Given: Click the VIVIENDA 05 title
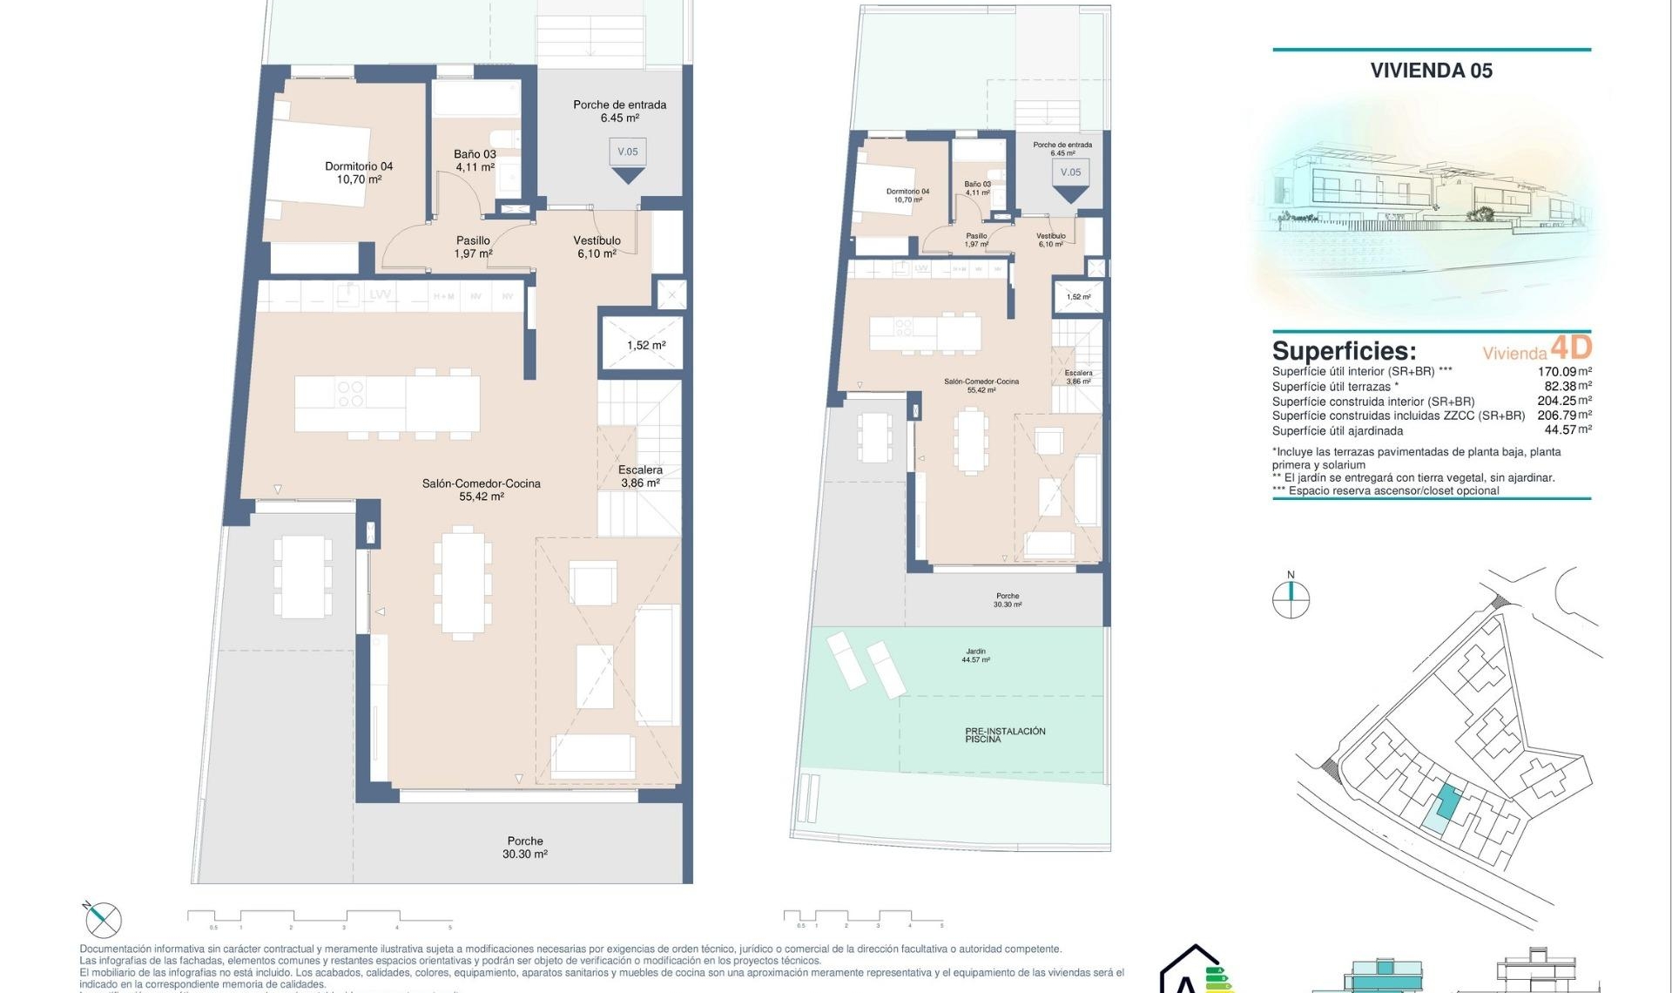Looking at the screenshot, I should point(1431,71).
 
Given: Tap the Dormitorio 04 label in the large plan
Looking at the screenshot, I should point(359,172).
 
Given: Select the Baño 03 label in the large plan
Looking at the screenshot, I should point(475,160).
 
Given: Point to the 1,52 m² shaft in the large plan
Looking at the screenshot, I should point(645,345).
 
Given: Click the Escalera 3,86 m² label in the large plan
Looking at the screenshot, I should point(640,476).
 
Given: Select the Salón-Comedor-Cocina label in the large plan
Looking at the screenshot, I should point(481,490).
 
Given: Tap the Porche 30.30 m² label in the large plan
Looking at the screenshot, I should point(525,848).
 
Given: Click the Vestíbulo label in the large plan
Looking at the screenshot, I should point(597,247).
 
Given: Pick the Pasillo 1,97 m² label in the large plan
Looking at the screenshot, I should point(473,247).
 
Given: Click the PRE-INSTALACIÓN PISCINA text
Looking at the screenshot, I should point(1004,734).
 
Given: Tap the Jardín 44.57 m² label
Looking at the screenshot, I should point(975,655).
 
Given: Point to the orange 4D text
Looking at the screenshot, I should point(1571,348).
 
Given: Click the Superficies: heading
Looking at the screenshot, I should point(1344,351).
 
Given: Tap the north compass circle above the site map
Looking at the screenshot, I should point(1291,599).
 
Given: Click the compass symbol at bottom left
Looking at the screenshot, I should point(104,920).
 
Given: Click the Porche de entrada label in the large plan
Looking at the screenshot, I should point(619,111).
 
